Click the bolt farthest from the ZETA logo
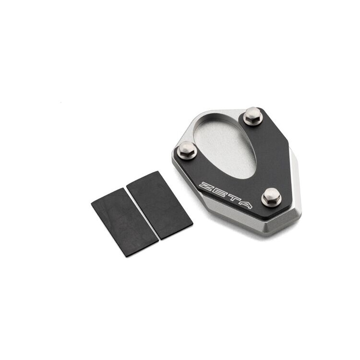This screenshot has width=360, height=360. (253, 116)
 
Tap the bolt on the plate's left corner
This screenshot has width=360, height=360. (187, 150)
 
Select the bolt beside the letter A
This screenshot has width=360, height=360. (271, 196)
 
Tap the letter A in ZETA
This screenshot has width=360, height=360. (244, 204)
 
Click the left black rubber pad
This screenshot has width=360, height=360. (124, 222)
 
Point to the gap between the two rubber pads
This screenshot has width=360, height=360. (143, 214)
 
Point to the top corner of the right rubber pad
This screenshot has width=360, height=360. (157, 172)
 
